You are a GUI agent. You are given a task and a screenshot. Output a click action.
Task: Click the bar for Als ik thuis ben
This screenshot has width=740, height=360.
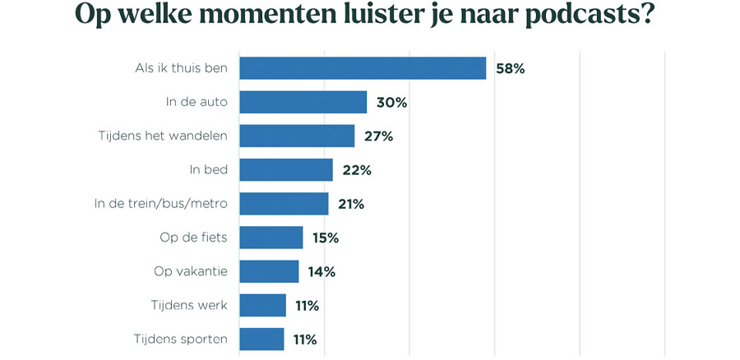click(363, 68)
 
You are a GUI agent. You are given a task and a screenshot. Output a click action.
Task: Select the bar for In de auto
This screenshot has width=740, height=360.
click(303, 102)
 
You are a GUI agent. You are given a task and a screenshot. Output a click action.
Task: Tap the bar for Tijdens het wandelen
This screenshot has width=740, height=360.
click(297, 136)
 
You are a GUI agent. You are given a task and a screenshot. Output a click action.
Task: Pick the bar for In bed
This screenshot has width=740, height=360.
click(286, 170)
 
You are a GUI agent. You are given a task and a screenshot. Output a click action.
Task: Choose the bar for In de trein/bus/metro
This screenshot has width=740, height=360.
click(284, 204)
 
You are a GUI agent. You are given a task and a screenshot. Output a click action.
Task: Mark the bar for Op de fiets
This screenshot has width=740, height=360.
click(271, 238)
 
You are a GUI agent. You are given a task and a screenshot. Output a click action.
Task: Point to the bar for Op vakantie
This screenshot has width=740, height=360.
click(269, 271)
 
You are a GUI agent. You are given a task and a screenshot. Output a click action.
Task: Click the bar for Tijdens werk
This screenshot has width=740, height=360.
click(262, 305)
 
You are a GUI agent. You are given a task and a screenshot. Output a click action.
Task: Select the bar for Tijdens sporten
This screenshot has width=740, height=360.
click(261, 339)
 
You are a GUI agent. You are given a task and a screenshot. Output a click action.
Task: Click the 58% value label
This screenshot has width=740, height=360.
click(510, 68)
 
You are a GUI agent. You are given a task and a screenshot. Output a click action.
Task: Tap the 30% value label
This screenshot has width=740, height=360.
click(391, 103)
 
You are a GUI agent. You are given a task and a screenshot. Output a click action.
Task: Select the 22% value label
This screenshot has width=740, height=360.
click(357, 170)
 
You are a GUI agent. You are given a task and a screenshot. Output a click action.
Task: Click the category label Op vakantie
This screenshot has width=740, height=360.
click(192, 271)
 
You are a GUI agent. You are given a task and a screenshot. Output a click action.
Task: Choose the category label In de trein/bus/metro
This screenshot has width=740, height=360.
click(160, 204)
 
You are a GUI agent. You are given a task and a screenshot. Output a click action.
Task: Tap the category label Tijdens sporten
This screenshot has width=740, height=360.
click(180, 339)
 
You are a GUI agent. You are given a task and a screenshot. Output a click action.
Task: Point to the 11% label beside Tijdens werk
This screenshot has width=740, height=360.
click(307, 306)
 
